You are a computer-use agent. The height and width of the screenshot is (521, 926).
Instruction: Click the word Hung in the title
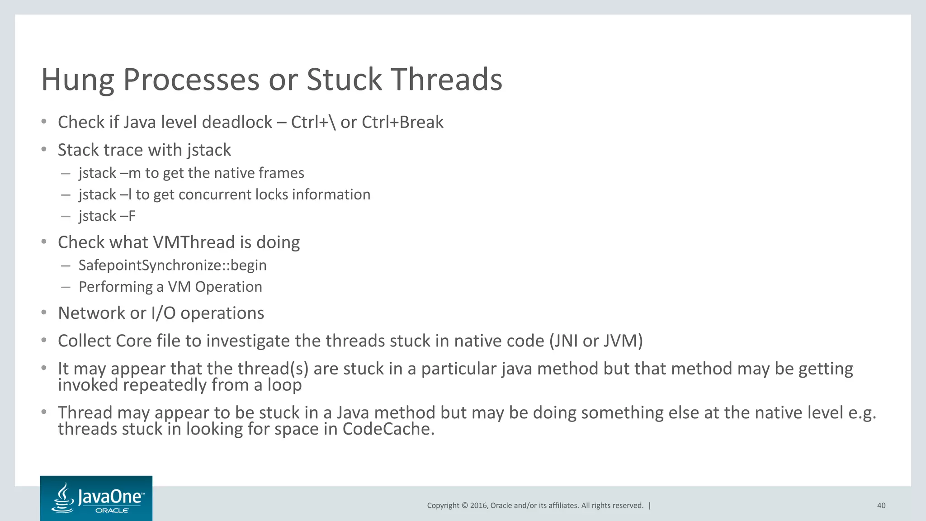pos(77,80)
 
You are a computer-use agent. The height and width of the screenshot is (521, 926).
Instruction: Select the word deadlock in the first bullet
pos(236,122)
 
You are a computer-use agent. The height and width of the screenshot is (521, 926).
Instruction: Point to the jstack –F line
pos(107,216)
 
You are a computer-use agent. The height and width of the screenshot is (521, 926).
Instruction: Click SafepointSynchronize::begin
pos(172,265)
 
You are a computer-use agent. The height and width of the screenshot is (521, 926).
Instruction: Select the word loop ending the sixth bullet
pos(284,385)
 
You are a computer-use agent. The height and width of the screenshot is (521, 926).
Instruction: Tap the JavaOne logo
pos(96,498)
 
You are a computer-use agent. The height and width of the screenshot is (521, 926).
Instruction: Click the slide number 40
pos(881,506)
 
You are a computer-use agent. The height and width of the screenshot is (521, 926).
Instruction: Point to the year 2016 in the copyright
pos(479,506)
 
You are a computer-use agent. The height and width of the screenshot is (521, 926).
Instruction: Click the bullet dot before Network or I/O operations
pos(44,313)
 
